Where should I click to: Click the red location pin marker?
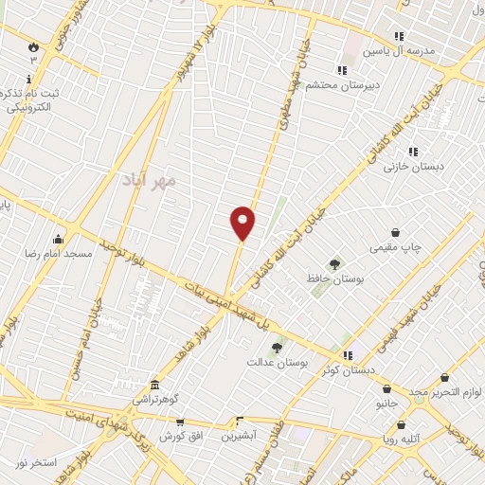[243, 223]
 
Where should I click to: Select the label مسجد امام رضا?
[59, 254]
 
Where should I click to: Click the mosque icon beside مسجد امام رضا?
[59, 239]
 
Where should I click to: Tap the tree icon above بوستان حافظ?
[333, 263]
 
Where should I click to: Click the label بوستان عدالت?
[274, 362]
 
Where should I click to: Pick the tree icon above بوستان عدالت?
[277, 348]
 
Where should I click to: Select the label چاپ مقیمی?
[396, 247]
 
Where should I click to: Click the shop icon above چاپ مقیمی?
[395, 232]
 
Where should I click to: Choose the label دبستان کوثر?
[348, 369]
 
